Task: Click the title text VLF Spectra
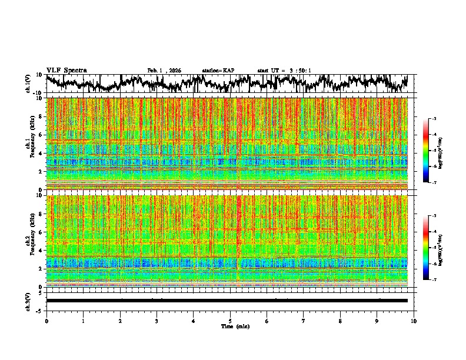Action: point(66,70)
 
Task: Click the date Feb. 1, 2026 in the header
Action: point(164,71)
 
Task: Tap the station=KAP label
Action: point(218,71)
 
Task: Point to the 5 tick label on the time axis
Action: point(230,321)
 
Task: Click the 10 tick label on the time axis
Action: point(414,321)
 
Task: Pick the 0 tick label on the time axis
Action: point(46,321)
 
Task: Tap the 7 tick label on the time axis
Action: point(304,321)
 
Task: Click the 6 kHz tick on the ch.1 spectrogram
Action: point(41,135)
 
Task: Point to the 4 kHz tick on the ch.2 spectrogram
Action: point(41,250)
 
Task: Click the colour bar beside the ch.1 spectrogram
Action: point(432,151)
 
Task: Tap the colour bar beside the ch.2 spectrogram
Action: point(432,248)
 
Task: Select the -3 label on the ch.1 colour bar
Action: point(441,118)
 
